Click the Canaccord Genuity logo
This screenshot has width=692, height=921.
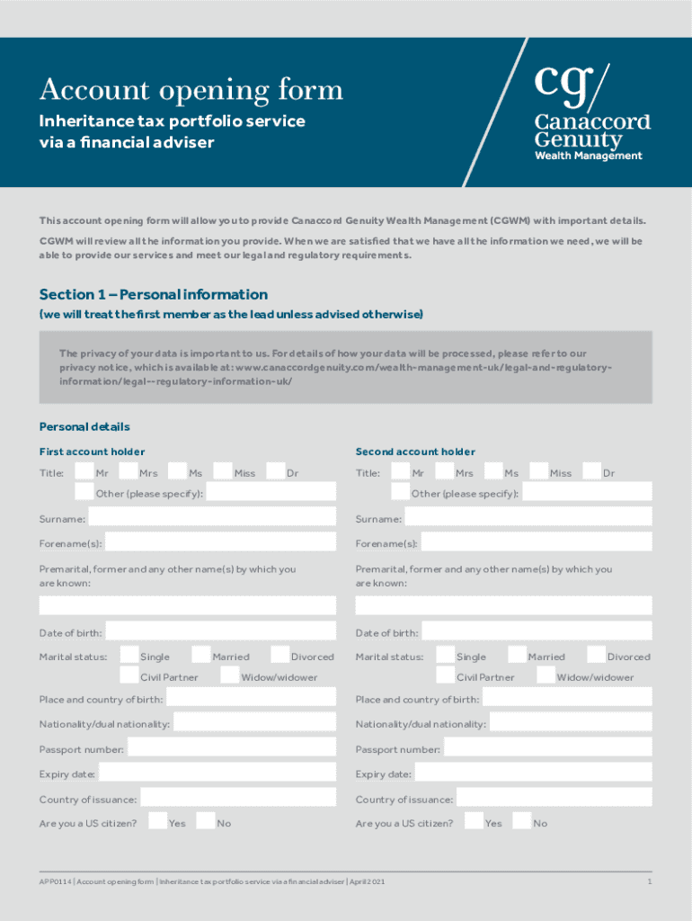(591, 112)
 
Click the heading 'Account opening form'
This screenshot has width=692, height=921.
(191, 90)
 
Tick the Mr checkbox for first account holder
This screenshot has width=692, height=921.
(84, 472)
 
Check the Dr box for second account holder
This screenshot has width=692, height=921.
(591, 472)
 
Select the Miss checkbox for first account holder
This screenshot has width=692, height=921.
(223, 472)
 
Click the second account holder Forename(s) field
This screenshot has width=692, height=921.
(537, 543)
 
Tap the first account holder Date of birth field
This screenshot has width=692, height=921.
(220, 632)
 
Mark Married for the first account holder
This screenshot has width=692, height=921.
(201, 656)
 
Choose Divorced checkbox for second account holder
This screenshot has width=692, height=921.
(595, 656)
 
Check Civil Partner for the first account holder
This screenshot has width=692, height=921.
(129, 675)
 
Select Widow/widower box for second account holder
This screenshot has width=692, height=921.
(546, 675)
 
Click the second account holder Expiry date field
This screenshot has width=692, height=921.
(533, 773)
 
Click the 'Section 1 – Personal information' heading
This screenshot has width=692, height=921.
(154, 295)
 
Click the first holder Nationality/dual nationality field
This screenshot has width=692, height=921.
(254, 723)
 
